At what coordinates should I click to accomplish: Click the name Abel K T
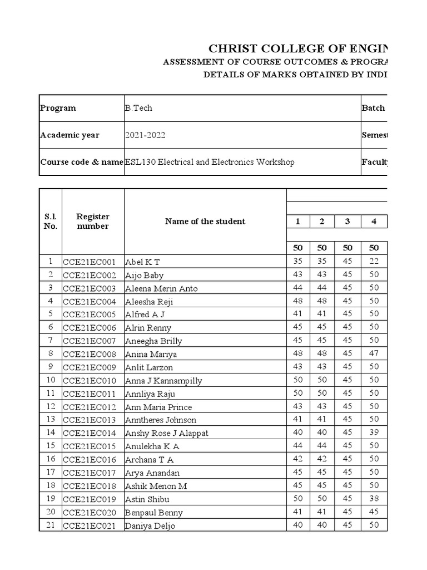[143, 262]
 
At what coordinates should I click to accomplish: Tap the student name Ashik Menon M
[156, 486]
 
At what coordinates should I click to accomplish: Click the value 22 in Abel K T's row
[374, 262]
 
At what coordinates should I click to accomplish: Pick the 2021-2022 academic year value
[145, 135]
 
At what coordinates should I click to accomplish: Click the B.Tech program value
[138, 108]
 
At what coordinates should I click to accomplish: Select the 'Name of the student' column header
[205, 222]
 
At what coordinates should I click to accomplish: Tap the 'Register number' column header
[93, 222]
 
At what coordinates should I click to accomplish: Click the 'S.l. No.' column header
[51, 222]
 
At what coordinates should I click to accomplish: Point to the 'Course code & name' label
[81, 162]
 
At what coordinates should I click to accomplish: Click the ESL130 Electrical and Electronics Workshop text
[210, 162]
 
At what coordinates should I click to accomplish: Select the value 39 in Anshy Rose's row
[374, 433]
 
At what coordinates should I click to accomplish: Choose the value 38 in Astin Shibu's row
[374, 499]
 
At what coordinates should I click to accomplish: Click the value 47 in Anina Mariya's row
[374, 354]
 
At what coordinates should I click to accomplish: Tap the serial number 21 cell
[51, 525]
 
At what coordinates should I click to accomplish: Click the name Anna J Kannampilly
[163, 381]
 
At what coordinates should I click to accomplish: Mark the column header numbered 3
[347, 222]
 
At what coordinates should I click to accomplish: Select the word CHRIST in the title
[230, 48]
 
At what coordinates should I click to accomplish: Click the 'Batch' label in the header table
[373, 108]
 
